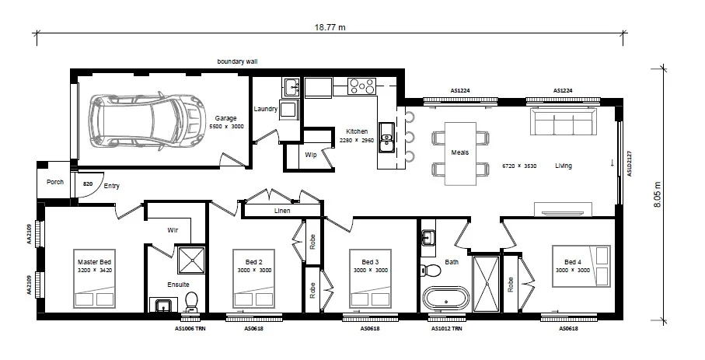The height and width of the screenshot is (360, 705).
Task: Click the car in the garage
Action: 145,122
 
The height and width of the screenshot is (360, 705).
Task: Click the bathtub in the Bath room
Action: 446,299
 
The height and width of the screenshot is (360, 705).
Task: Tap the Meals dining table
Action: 460,153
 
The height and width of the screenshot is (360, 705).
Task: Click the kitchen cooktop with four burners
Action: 361,85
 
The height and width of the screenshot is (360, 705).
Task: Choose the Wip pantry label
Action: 310,155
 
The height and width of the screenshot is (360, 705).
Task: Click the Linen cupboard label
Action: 282,211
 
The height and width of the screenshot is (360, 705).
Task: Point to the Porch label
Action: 55,183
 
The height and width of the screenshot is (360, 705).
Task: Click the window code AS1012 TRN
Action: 446,329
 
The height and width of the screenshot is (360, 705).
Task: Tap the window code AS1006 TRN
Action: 190,329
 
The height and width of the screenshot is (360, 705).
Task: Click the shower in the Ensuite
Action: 190,260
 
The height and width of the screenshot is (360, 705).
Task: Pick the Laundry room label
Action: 266,109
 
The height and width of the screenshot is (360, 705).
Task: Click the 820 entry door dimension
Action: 88,184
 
